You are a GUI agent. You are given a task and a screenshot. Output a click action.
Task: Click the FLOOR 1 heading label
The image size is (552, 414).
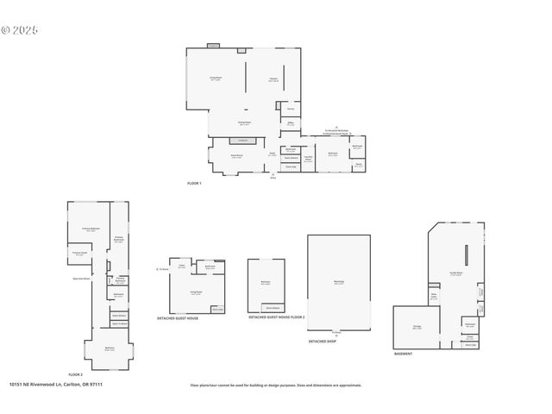pos(194,184)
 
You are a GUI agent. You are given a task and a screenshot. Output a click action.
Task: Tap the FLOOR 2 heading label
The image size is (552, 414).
pos(76,375)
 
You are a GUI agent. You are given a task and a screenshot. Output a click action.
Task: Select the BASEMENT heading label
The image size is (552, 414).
pos(403,354)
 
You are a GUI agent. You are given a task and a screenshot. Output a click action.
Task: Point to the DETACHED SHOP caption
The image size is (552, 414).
pos(323,342)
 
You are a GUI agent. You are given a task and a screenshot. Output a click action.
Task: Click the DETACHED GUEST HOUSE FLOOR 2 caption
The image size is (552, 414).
pos(270,317)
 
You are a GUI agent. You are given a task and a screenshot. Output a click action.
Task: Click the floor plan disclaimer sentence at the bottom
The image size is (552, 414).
pos(276,386)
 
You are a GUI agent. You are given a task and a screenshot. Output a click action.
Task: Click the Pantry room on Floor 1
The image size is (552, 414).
pos(291,110)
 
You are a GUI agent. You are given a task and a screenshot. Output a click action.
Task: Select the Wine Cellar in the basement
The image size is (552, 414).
pos(435,298)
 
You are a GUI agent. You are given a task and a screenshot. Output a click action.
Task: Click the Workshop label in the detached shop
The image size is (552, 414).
pos(339,282)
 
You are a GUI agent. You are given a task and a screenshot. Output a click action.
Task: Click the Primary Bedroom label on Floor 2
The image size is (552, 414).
pos(90,229)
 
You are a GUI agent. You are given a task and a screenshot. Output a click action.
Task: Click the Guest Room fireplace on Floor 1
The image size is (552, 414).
pos(242,140)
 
